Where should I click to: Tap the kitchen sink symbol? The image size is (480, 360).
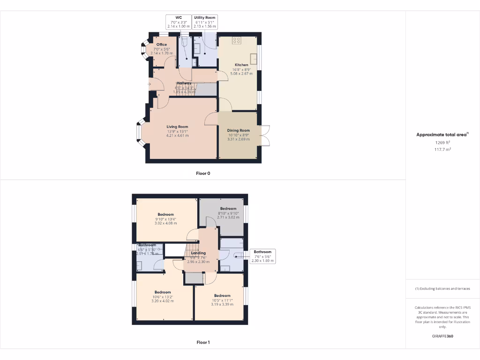(253, 59)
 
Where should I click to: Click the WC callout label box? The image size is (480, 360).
(179, 22)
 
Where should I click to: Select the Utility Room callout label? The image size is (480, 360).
(205, 22)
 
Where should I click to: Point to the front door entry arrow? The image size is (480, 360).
(150, 84)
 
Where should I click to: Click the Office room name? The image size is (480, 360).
(162, 45)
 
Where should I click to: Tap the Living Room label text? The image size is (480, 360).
(178, 127)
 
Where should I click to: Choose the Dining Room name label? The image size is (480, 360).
(239, 130)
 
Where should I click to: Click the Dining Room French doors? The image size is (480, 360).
(265, 136)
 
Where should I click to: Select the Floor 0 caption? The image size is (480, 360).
(203, 173)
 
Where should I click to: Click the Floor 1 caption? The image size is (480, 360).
(203, 342)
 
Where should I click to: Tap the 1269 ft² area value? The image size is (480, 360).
(442, 142)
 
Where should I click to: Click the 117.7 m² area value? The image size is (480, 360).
(442, 150)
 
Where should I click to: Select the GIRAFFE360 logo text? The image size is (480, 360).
(442, 336)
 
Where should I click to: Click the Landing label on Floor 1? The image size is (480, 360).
(198, 253)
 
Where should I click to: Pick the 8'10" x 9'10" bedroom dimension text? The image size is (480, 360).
(228, 213)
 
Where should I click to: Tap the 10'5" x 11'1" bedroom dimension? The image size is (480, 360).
(222, 300)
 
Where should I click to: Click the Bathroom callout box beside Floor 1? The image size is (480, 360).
(263, 256)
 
